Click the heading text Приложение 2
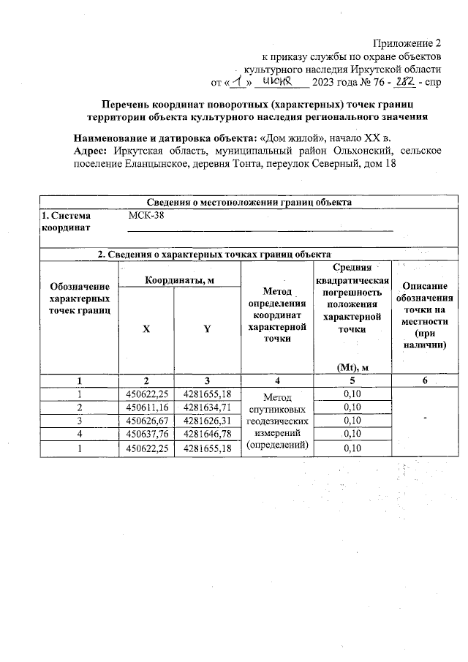pyautogui.click(x=408, y=42)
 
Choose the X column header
pyautogui.click(x=146, y=329)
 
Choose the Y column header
pyautogui.click(x=207, y=329)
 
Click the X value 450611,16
pyautogui.click(x=146, y=407)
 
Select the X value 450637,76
pyautogui.click(x=146, y=435)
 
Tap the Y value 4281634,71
pyautogui.click(x=208, y=407)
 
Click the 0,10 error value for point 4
pyautogui.click(x=352, y=435)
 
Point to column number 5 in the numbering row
pyautogui.click(x=352, y=380)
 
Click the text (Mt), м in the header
pyautogui.click(x=352, y=367)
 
